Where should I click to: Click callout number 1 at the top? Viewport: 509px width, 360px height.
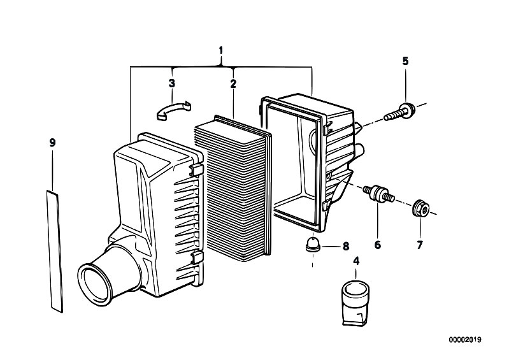tap(221, 50)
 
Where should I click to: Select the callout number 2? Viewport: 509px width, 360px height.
tap(233, 83)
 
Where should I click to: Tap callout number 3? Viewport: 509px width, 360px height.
tap(172, 83)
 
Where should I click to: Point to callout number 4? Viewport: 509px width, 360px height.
tap(356, 261)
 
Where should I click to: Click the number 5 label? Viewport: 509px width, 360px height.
tap(405, 61)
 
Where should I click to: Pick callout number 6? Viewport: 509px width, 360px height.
tap(378, 245)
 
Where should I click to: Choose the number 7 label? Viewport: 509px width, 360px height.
tap(420, 245)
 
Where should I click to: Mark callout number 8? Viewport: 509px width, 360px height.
tap(346, 247)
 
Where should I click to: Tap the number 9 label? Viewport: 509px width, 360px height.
tap(53, 143)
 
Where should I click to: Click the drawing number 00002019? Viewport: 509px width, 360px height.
tap(465, 340)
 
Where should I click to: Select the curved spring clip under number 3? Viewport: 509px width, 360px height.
tap(174, 110)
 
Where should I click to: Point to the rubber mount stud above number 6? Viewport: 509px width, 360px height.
tap(379, 193)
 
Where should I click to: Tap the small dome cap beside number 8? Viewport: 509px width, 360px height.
tap(312, 246)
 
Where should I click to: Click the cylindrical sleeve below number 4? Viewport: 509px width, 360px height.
tap(355, 303)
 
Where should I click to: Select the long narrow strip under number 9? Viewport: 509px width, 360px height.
tap(54, 252)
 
